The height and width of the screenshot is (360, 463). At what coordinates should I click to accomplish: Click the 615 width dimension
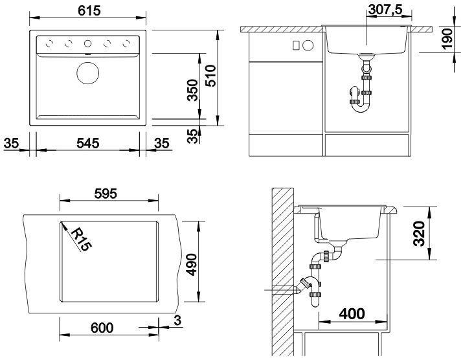coord(89,10)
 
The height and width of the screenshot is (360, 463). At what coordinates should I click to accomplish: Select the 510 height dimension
coord(210,76)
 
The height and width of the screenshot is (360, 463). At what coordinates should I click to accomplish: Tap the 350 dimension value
coord(193,90)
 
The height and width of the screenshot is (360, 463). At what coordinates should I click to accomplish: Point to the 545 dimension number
coord(87,143)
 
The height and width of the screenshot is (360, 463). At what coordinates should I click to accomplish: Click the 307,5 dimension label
coord(385,10)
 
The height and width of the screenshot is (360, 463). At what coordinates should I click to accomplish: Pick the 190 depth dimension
coord(447,39)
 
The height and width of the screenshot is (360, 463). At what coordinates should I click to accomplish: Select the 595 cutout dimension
coord(106,194)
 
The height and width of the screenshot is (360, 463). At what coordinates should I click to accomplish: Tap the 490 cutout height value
coord(192,265)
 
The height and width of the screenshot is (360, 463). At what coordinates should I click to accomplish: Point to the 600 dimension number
coord(102,328)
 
